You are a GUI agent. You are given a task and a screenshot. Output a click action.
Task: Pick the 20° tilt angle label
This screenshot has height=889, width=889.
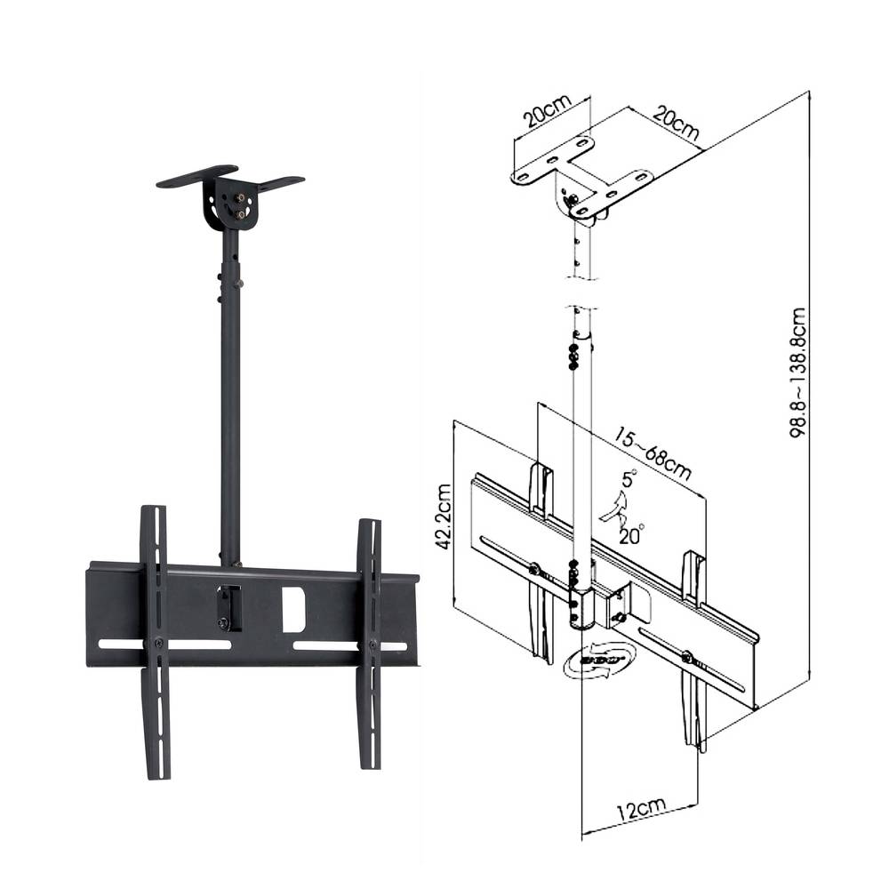click(x=631, y=534)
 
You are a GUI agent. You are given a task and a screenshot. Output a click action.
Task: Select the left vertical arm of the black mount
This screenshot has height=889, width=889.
click(x=155, y=640)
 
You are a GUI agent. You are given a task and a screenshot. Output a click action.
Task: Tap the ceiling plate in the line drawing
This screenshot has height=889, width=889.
click(x=582, y=173)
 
